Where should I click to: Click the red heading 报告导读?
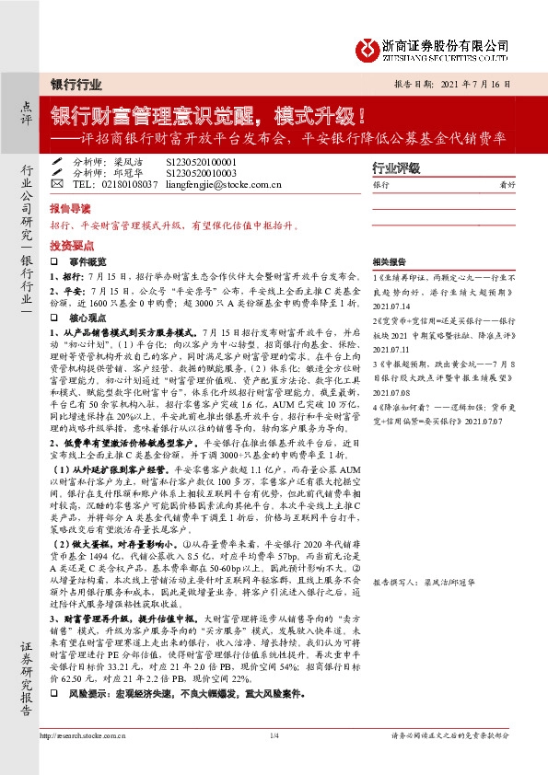(x=67, y=208)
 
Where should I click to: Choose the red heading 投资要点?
(x=67, y=246)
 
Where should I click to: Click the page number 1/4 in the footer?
(x=274, y=762)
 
